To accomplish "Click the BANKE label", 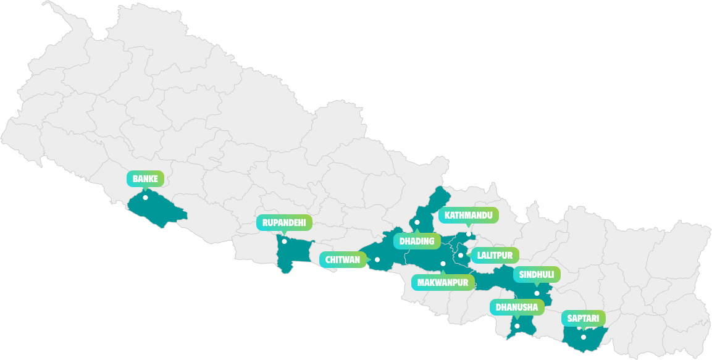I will click(x=145, y=179).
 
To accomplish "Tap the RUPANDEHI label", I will click(x=284, y=223).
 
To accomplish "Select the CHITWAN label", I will click(x=342, y=259).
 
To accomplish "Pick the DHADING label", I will click(x=417, y=241).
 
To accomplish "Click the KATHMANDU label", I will click(x=468, y=215).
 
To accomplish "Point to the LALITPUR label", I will click(x=495, y=255).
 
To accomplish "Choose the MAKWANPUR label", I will click(x=443, y=283).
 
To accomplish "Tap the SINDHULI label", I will click(x=537, y=274).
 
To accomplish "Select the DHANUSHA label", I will click(x=517, y=307).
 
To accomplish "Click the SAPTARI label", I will click(x=583, y=319).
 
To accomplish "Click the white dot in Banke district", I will click(x=145, y=198).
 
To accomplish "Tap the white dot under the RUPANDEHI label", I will click(x=284, y=241).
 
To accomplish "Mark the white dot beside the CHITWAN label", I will click(x=377, y=259).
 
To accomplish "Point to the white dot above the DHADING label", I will click(x=417, y=222).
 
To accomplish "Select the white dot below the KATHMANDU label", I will click(x=469, y=234).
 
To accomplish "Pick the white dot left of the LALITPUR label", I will click(x=461, y=255).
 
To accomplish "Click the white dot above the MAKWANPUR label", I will click(x=443, y=264).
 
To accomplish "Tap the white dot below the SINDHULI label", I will click(x=537, y=293).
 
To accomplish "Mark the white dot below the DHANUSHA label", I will click(x=517, y=326).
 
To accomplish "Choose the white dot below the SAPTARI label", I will click(x=583, y=337).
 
